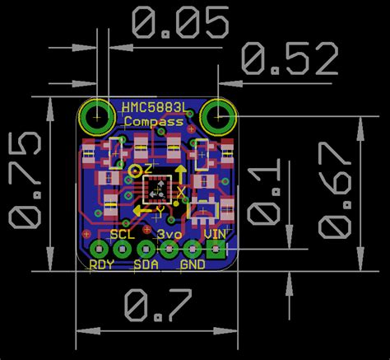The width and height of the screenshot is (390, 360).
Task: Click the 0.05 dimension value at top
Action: pyautogui.click(x=179, y=25)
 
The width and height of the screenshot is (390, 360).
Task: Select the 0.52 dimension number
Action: pyautogui.click(x=290, y=59)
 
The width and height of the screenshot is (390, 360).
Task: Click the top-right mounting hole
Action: pyautogui.click(x=218, y=115)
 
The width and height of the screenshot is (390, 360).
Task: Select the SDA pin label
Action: pyautogui.click(x=146, y=265)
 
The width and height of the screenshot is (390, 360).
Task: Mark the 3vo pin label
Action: pyautogui.click(x=170, y=234)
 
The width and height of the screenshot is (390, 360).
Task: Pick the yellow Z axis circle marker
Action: pyautogui.click(x=136, y=171)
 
